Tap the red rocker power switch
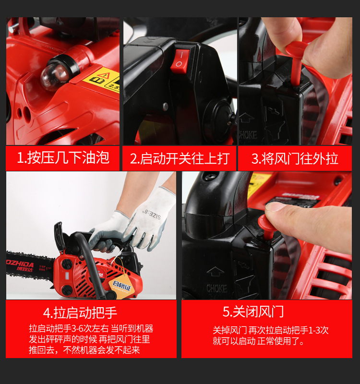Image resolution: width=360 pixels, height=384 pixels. pyautogui.click(x=180, y=61)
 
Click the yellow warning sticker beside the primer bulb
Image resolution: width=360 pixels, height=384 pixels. pyautogui.click(x=103, y=79)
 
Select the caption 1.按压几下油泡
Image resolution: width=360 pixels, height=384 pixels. pyautogui.click(x=63, y=157)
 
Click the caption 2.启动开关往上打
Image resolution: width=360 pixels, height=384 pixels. pyautogui.click(x=180, y=158)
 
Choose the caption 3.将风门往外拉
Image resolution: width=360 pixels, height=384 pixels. pyautogui.click(x=295, y=158)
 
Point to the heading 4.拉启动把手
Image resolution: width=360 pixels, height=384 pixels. pyautogui.click(x=80, y=313)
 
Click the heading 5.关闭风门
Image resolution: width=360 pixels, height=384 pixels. pyautogui.click(x=253, y=312)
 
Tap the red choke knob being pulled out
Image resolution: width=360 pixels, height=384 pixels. pyautogui.click(x=297, y=62)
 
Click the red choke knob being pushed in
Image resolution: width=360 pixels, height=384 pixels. pyautogui.click(x=266, y=227)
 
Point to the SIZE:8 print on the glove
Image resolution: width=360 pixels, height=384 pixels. pyautogui.click(x=151, y=214)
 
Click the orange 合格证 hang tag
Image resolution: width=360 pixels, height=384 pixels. pyautogui.click(x=122, y=287)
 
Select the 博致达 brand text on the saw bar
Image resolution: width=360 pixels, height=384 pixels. pyautogui.click(x=24, y=269)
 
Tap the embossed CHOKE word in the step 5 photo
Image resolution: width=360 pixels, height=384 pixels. pyautogui.click(x=216, y=288)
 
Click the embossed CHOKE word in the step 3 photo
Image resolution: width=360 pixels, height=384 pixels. pyautogui.click(x=248, y=135)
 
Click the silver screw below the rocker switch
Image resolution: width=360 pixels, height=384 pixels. pyautogui.click(x=166, y=107)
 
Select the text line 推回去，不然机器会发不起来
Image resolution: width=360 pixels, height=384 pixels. pyautogui.click(x=84, y=350)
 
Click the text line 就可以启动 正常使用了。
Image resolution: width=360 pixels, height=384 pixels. pyautogui.click(x=258, y=341)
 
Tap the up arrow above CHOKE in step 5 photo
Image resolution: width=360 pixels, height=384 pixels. pyautogui.click(x=215, y=272)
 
